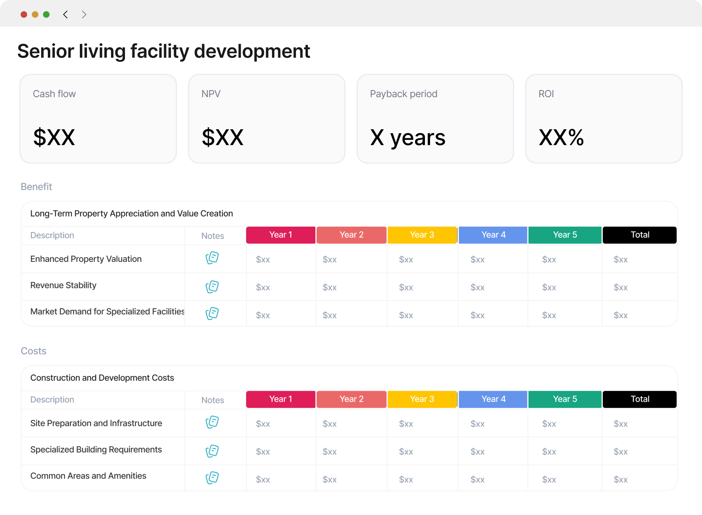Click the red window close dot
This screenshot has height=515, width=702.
point(24,15)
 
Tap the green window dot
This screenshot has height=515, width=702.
point(46,15)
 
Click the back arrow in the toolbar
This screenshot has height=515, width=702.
point(66,15)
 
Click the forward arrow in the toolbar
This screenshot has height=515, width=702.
point(84,15)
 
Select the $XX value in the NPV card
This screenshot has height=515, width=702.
point(223,137)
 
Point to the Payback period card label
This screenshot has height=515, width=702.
point(404,94)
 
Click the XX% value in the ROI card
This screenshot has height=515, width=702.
point(561,137)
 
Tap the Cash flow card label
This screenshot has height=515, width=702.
point(54,94)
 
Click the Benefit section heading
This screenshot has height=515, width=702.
point(36,187)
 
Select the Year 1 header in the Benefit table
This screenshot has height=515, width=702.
point(281,235)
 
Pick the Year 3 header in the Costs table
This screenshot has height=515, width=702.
point(422,399)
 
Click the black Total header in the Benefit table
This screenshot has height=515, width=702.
point(640,235)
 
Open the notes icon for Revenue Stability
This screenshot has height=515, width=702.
point(212,287)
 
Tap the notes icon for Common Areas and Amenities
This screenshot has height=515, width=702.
point(212,477)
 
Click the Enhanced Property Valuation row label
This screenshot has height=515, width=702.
point(86,259)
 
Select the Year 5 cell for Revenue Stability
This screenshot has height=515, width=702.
point(549,288)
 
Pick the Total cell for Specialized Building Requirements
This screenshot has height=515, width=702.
point(621,452)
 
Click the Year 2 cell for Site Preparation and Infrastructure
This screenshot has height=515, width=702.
point(330,424)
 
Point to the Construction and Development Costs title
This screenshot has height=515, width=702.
point(102,378)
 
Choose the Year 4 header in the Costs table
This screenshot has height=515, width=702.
point(493,399)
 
